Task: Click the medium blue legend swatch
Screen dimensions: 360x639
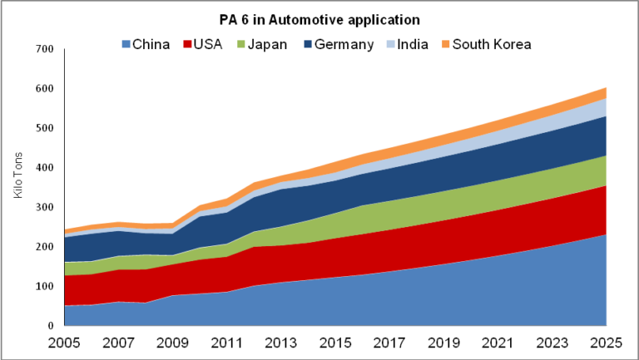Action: [x=126, y=44]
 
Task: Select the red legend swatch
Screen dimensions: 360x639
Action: [x=188, y=44]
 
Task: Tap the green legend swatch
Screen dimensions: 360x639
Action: [x=241, y=44]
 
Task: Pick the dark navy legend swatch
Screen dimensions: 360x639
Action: [x=308, y=44]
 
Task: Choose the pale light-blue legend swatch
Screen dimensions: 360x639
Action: [x=390, y=44]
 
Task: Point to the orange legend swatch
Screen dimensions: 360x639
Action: [x=446, y=44]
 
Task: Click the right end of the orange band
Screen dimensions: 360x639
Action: [x=604, y=93]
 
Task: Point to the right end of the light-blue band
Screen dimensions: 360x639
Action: [x=604, y=108]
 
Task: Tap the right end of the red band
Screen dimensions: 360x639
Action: [x=604, y=210]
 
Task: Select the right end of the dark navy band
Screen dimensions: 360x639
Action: [x=604, y=136]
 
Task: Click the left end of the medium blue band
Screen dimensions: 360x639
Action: [x=67, y=316]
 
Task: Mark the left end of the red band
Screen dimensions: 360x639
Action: [x=67, y=290]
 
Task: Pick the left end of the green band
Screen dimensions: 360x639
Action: [x=67, y=269]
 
